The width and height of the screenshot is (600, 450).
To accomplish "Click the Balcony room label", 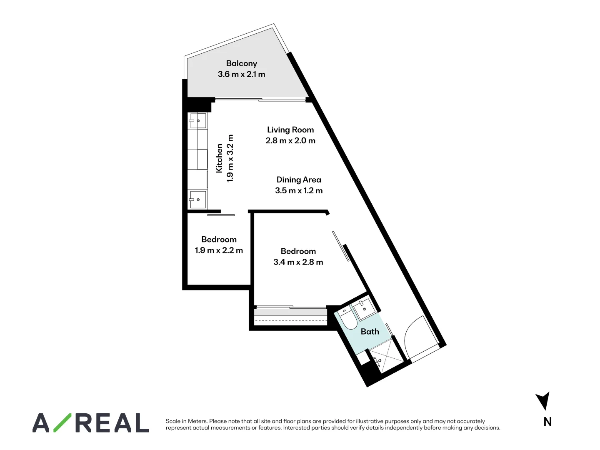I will pos(241,63).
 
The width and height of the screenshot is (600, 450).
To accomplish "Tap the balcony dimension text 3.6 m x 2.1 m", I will pos(241,74).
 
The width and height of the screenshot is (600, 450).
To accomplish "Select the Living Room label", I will pos(290,130).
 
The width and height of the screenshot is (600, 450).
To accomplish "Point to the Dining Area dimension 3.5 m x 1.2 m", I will pos(299,190).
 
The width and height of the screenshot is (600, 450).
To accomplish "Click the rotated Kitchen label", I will pos(219,158).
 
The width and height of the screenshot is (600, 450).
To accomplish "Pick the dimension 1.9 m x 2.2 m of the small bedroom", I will pos(219,250).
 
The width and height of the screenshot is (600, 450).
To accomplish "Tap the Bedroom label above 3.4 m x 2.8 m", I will pos(298,251).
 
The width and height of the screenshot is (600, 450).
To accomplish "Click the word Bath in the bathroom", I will pos(370,332).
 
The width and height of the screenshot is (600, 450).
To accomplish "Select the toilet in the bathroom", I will pos(348,319).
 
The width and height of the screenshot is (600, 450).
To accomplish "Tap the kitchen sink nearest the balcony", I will pos(197,120).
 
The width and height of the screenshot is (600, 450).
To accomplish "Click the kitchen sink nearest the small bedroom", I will pos(197,200).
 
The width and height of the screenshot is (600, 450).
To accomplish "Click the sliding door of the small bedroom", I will pos(221,215).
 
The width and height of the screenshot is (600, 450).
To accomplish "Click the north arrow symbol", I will pos(544,400).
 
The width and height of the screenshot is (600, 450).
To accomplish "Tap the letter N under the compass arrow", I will pos(547,422).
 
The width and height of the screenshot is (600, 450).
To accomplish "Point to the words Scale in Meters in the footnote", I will pos(186,421).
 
